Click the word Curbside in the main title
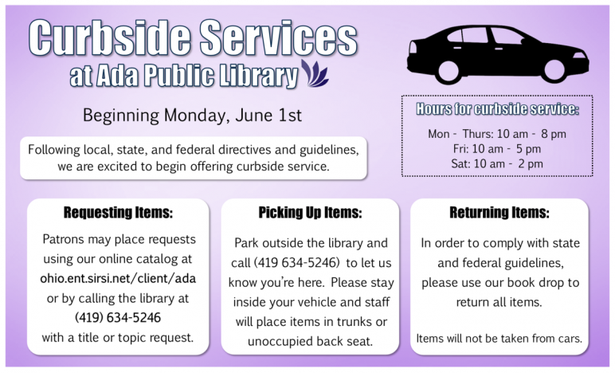click(109, 38)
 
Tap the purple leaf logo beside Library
click(315, 73)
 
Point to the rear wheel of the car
click(448, 72)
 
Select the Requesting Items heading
click(118, 212)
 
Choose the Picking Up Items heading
click(310, 212)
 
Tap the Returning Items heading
click(499, 212)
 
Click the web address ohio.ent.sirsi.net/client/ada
click(118, 278)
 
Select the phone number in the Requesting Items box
click(118, 317)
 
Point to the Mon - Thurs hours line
click(497, 134)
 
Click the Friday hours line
click(497, 149)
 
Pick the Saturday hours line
click(497, 163)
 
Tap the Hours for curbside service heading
click(497, 108)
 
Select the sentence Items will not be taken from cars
click(499, 338)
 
